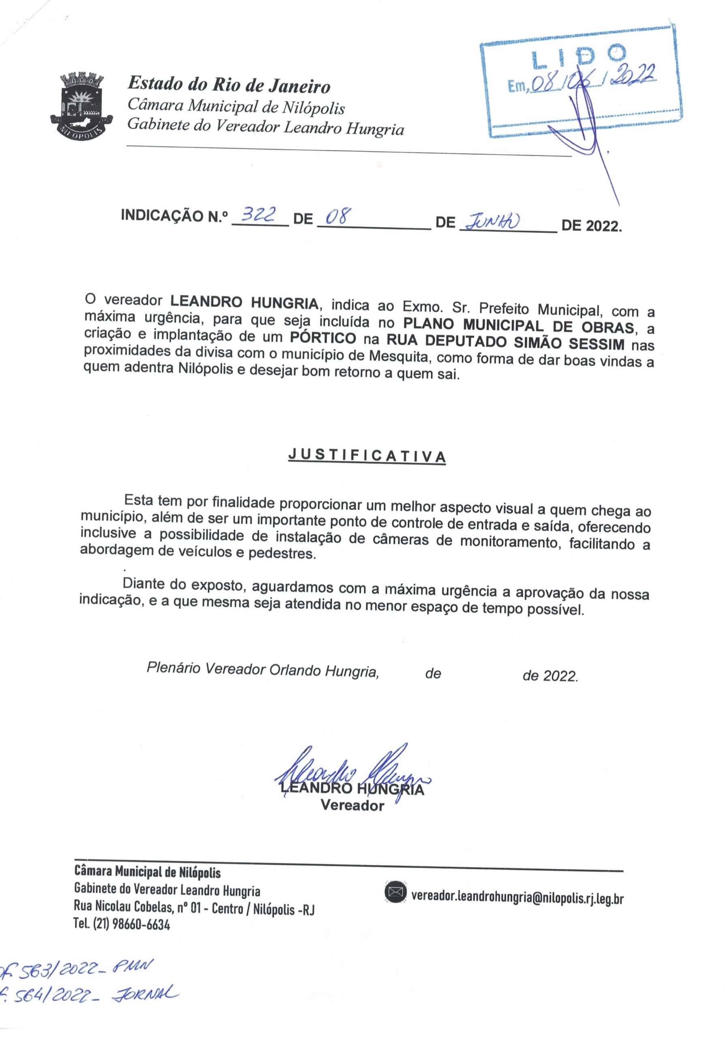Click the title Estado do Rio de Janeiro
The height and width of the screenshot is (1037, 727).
pos(229,85)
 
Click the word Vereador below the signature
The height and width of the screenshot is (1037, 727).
pos(352,806)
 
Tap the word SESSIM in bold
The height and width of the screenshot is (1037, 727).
pos(596,344)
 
